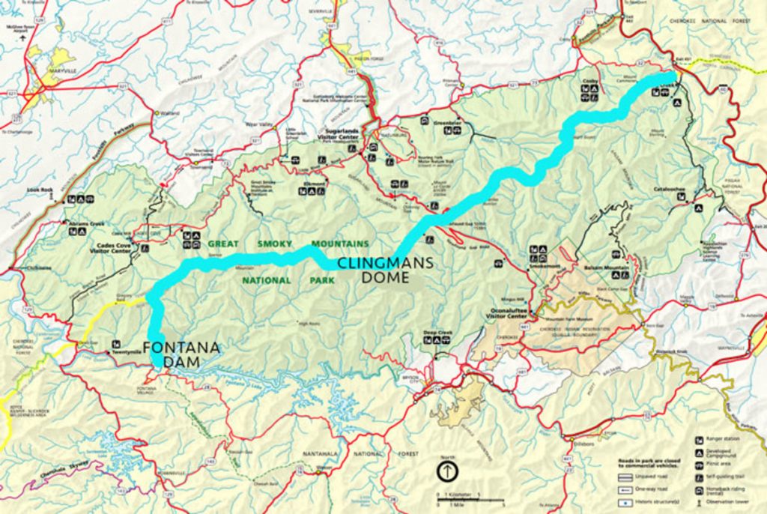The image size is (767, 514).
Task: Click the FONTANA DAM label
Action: (x=181, y=354)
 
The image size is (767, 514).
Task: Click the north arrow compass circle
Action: (x=447, y=472)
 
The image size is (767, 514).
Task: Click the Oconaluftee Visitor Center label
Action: (x=509, y=313)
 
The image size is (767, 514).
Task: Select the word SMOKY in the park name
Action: (x=275, y=244)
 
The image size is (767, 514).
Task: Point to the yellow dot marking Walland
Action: (x=157, y=113)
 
